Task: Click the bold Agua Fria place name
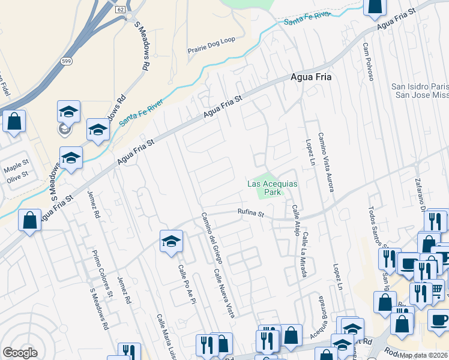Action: pos(311,77)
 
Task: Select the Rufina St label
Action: pos(250,211)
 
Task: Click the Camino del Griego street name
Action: pos(212,238)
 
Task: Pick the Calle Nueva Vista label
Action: pos(224,292)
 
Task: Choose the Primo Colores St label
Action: pos(101,273)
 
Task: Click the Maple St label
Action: pos(17,164)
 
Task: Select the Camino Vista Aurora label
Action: pos(326,162)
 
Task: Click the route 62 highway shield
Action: pos(121,10)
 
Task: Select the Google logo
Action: pos(20,353)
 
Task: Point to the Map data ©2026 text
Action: pos(424,355)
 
